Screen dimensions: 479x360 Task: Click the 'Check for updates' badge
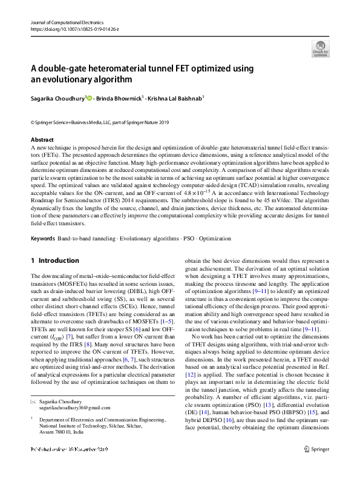click(320, 48)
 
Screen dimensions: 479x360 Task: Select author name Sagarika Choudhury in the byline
click(57, 97)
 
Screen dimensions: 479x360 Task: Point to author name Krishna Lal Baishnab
click(177, 97)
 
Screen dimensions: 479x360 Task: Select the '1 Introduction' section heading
click(54, 260)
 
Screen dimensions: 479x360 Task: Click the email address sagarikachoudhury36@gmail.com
click(71, 408)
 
